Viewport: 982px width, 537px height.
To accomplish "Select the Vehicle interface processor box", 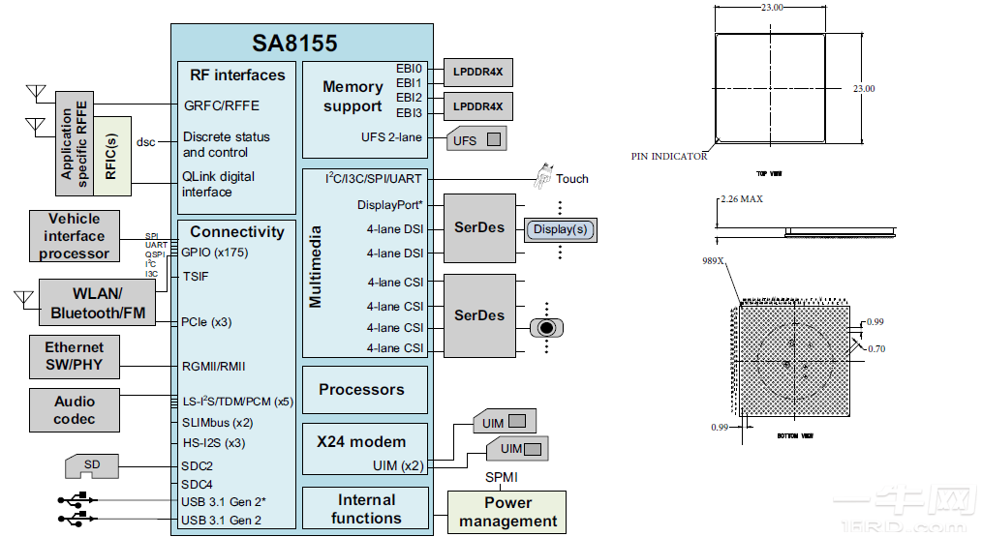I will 74,236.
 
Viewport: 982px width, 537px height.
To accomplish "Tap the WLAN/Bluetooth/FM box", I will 97,303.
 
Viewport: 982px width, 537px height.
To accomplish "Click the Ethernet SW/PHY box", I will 74,357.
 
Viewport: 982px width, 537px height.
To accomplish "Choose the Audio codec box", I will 75,410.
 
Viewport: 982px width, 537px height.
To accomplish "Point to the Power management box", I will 507,512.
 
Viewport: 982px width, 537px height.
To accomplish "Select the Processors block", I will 362,390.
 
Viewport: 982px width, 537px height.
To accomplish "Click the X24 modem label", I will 362,441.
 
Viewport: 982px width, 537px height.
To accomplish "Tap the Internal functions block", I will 365,509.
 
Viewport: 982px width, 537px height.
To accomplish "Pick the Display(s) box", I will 561,229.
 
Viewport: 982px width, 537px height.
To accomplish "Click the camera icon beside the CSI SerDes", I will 547,327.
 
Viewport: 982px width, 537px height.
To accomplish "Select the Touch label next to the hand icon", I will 571,178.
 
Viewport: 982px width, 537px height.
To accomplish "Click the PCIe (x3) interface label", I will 206,322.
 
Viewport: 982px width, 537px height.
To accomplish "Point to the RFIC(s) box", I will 111,155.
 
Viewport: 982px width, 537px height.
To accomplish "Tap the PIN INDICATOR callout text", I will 669,156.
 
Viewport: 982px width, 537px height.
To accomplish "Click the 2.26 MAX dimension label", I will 743,199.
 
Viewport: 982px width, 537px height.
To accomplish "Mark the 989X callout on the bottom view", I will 713,260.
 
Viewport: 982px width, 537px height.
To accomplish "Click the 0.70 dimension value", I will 875,348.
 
